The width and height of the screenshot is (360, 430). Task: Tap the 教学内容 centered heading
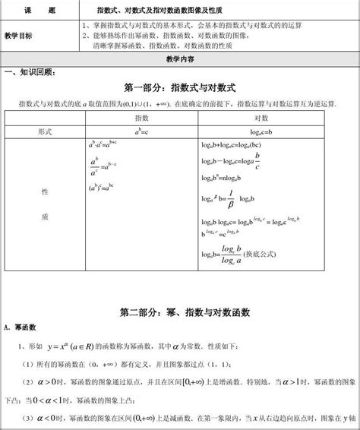(x=179, y=58)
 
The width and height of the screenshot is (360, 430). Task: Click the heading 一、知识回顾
(x=31, y=71)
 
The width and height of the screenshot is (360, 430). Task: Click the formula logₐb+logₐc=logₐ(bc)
(x=231, y=144)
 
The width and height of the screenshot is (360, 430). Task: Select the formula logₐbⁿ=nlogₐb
(x=222, y=179)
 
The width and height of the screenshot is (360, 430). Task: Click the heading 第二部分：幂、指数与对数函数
(x=179, y=311)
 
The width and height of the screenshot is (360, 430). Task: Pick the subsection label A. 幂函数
(x=20, y=327)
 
